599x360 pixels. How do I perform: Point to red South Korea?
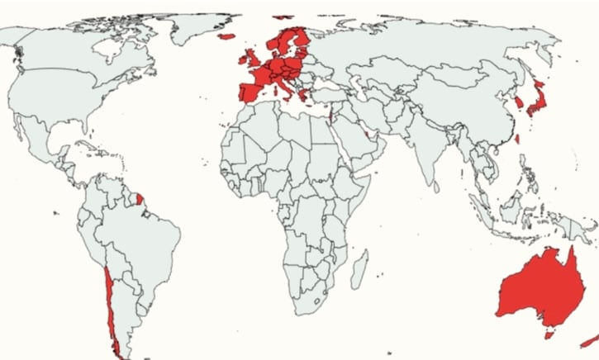point(518,103)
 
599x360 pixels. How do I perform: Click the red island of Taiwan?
point(517,139)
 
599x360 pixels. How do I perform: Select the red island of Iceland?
point(225,35)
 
